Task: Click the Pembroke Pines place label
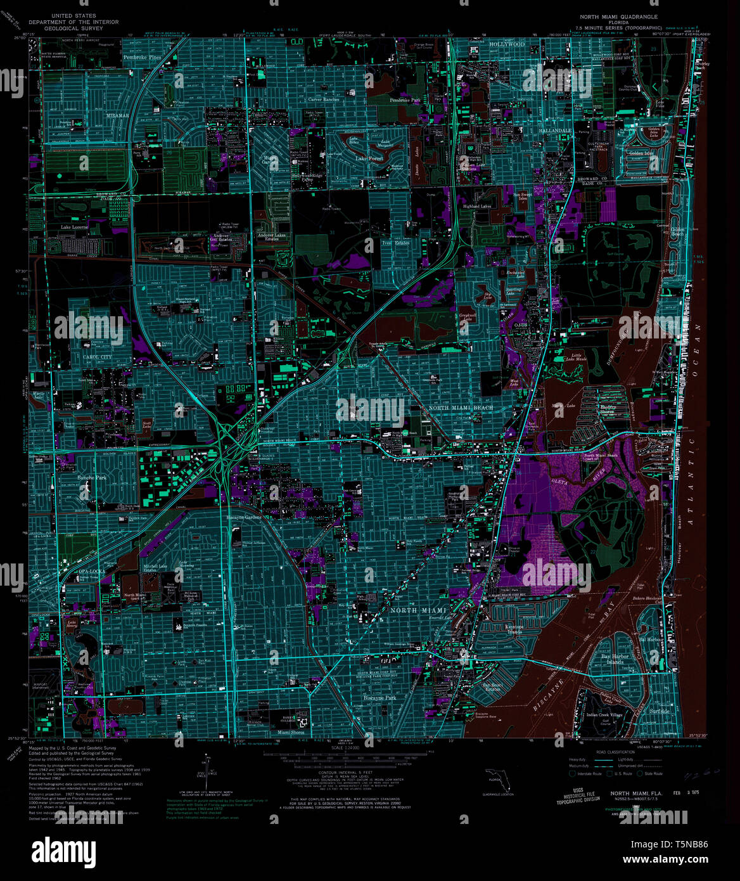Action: click(143, 57)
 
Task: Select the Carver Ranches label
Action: click(323, 100)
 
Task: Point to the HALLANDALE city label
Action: click(555, 131)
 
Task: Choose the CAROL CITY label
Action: click(96, 357)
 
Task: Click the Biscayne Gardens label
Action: click(243, 517)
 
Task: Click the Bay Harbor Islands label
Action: click(615, 659)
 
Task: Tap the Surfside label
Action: click(660, 711)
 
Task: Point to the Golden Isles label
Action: click(642, 153)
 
